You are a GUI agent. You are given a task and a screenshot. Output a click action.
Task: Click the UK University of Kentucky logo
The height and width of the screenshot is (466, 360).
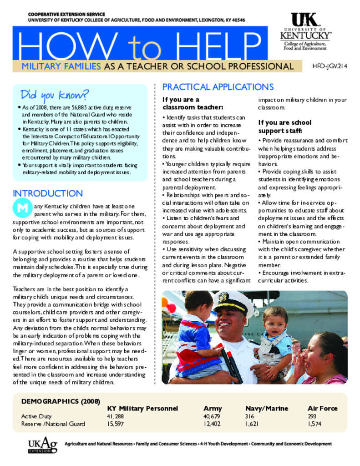coord(304,31)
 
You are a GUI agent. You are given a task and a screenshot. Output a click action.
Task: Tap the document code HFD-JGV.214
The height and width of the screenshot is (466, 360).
coord(330,66)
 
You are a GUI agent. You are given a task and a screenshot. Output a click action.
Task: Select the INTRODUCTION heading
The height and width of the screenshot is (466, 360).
coord(48,193)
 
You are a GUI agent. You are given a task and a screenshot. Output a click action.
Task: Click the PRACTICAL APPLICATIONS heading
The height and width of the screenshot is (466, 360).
coord(218,87)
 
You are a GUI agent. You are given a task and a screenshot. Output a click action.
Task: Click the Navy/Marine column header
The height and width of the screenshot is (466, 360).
coord(266,408)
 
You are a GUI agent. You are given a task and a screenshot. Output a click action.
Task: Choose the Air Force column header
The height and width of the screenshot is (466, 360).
coord(322,408)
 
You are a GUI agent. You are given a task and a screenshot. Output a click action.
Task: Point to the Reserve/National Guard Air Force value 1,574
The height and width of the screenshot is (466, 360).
coord(314,424)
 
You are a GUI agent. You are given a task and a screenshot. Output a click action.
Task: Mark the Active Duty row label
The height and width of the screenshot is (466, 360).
coord(36,416)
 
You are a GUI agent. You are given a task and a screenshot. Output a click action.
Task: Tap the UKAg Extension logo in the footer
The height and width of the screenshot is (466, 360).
coord(42,446)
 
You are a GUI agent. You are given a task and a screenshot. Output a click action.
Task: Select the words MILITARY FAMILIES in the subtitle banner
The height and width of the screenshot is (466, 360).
coord(61,67)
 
